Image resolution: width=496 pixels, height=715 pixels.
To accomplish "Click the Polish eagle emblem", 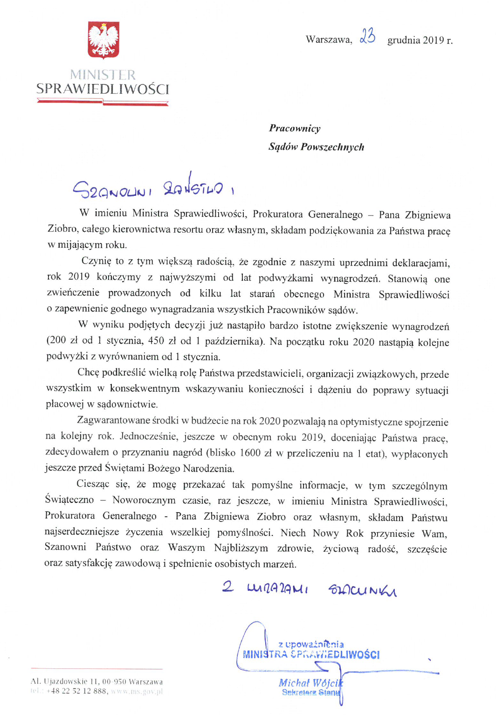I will [x=103, y=40].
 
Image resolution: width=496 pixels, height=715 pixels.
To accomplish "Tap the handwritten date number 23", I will [x=367, y=36].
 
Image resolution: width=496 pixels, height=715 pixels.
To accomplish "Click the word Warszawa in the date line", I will [x=329, y=40].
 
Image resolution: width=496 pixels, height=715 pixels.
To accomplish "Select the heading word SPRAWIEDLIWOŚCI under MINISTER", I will [x=103, y=89].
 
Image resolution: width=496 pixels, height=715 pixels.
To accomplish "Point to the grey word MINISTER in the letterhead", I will [x=103, y=75].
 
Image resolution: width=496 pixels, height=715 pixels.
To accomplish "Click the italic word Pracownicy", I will [x=295, y=128].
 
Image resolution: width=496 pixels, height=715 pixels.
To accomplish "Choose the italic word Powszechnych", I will [x=332, y=147].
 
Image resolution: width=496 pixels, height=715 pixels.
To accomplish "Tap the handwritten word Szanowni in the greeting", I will [x=112, y=190].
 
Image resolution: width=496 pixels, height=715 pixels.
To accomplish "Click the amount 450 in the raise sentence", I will [x=156, y=341].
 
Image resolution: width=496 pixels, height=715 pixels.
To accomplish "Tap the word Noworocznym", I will [x=144, y=500].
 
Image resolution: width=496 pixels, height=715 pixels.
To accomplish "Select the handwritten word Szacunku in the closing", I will [x=362, y=590].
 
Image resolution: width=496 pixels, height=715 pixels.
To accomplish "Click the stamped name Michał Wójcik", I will [x=310, y=683].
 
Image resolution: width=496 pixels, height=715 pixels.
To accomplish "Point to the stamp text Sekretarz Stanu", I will [x=310, y=693].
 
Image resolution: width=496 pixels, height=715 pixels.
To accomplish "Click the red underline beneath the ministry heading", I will [x=103, y=102].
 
